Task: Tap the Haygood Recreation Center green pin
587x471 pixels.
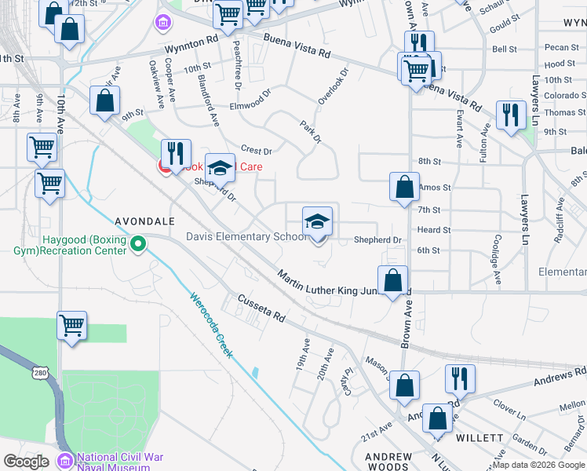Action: [x=139, y=245]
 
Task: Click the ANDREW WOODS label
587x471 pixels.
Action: [x=389, y=462]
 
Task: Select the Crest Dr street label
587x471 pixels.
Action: [x=256, y=150]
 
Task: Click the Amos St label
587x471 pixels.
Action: [x=435, y=188]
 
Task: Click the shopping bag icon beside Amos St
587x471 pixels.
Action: [x=404, y=187]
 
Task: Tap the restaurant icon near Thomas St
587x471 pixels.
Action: [x=512, y=115]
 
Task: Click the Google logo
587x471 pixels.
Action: [x=27, y=462]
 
